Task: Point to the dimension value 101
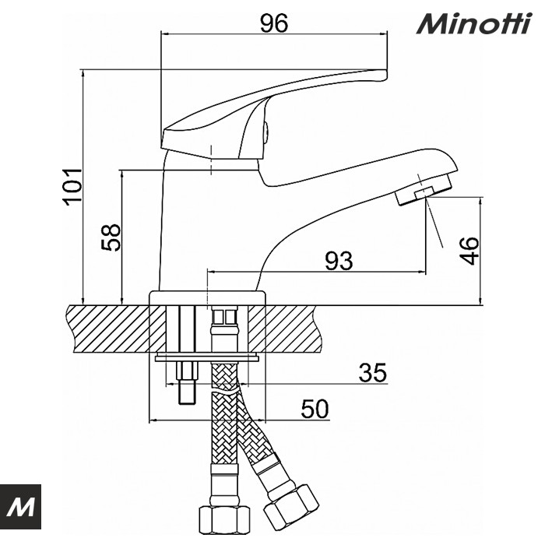click(72, 186)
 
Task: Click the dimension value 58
click(111, 237)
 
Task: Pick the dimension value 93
click(339, 261)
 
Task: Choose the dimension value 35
click(372, 373)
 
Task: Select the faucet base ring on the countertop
click(208, 297)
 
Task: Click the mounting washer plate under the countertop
click(208, 358)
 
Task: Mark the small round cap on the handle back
click(266, 133)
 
